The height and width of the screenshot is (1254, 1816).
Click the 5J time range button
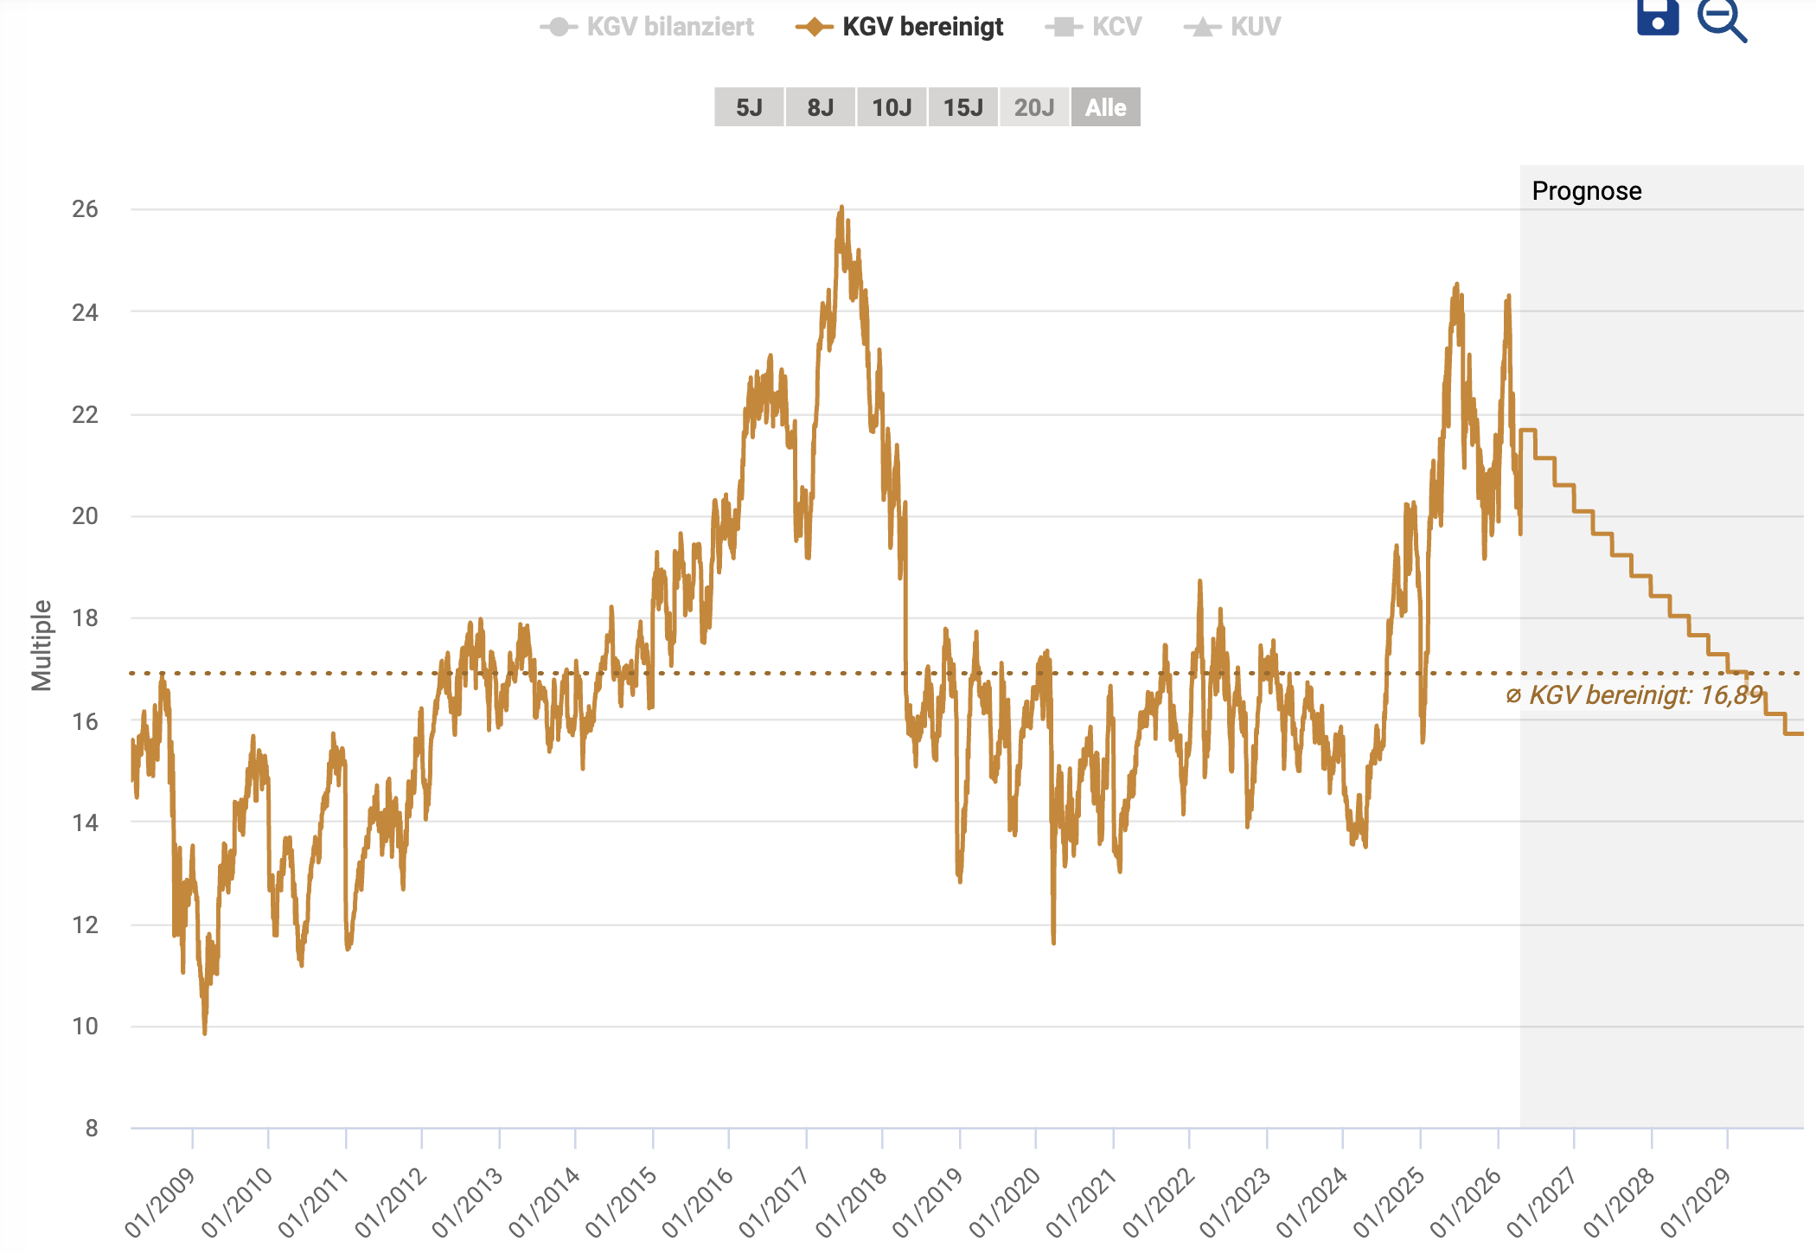point(749,107)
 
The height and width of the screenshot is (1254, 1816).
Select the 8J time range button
point(821,107)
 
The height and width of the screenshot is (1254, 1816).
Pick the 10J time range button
point(892,107)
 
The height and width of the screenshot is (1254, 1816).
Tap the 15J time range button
point(963,107)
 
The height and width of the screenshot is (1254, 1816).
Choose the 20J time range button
point(1034,107)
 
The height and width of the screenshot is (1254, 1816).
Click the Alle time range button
point(1105,107)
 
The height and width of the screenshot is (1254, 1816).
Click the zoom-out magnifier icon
point(1721,19)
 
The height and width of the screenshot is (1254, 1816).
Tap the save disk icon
point(1658,17)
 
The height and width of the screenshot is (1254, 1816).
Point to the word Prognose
point(1586,191)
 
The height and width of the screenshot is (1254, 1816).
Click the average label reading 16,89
point(1634,695)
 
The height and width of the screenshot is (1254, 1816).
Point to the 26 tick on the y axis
point(85,209)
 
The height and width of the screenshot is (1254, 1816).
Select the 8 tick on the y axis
point(91,1128)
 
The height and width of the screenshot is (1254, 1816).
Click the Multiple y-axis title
point(42,645)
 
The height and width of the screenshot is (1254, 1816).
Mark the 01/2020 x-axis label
point(1006,1201)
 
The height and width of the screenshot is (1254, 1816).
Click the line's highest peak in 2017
point(841,208)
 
